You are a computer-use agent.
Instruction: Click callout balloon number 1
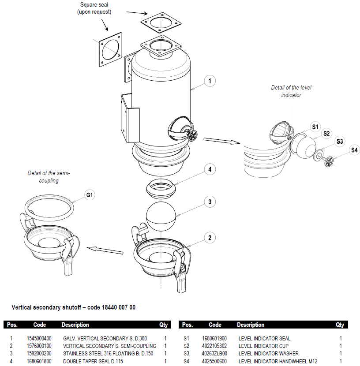(210, 81)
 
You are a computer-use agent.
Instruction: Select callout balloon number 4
(210, 169)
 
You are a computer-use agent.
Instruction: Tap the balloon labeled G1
(90, 194)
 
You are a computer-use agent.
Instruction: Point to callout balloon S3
(340, 142)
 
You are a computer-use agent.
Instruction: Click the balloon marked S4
(355, 150)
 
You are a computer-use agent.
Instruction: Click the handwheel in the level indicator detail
(328, 162)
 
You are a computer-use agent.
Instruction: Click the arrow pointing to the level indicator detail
(221, 141)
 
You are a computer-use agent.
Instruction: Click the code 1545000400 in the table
(39, 338)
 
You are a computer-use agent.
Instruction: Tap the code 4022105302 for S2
(214, 346)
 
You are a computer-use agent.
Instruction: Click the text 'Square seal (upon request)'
(95, 8)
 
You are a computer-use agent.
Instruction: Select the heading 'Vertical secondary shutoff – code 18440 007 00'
(73, 307)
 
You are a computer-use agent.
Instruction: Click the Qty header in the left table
(164, 325)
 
